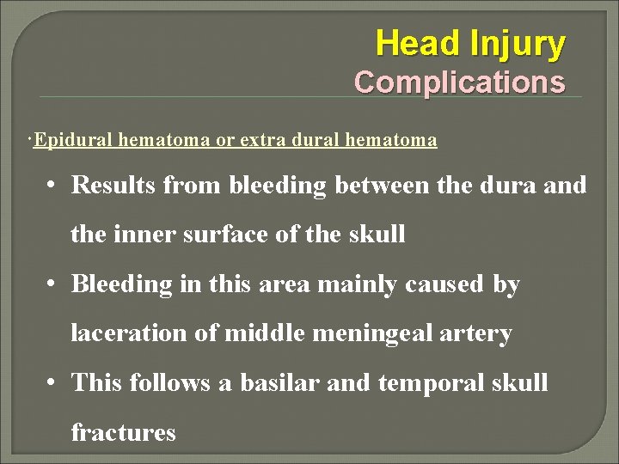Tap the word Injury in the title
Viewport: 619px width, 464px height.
[x=518, y=43]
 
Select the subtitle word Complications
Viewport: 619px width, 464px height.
[x=460, y=82]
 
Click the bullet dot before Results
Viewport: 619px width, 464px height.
[x=53, y=186]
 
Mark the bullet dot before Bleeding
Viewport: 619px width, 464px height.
[x=53, y=284]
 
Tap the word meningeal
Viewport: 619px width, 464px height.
[x=361, y=333]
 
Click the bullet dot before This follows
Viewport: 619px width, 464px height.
[x=53, y=382]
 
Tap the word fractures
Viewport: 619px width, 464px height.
[x=123, y=431]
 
